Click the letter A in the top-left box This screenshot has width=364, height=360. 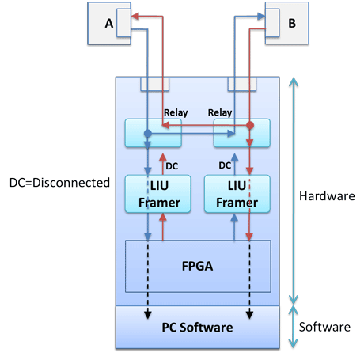point(109,23)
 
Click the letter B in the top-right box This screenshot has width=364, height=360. point(292,23)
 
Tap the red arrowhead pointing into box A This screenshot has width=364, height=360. point(135,17)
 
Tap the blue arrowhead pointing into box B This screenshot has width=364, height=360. point(261,17)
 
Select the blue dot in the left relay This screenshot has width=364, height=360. point(148,134)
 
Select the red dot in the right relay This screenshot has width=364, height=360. point(250,125)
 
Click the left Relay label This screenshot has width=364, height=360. point(176,113)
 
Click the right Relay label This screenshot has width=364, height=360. point(220,113)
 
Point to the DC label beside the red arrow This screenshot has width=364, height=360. point(172,166)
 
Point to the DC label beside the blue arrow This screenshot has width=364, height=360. point(225,165)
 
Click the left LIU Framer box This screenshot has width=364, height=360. point(157,194)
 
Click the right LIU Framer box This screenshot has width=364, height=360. point(237,194)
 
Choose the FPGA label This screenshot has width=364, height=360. point(197,266)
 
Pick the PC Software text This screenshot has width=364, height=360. point(197,328)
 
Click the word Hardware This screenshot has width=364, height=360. point(327,196)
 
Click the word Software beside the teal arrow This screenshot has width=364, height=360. point(324,327)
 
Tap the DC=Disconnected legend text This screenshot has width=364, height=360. point(59,183)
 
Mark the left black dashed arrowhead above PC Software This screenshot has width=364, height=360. point(148,315)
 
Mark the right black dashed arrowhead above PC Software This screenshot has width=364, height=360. point(249,315)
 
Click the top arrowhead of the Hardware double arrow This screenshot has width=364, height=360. point(294,81)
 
